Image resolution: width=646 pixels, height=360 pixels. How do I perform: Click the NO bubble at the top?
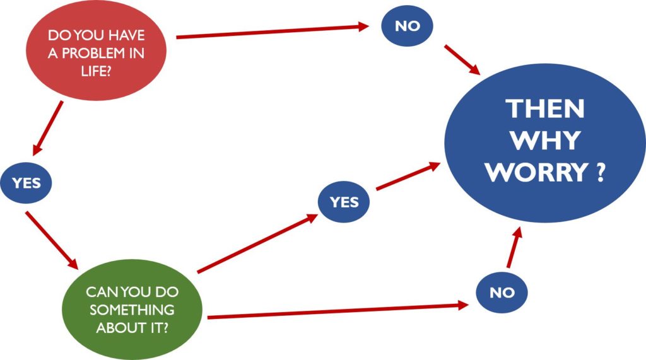(407, 26)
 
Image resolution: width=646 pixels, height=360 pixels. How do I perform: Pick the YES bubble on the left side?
(26, 183)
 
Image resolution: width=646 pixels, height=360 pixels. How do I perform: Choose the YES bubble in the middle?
(344, 202)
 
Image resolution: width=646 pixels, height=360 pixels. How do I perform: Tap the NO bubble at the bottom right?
(502, 293)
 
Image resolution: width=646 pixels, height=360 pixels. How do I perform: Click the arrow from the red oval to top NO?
(271, 32)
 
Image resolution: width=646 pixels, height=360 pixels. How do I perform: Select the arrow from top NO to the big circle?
(464, 60)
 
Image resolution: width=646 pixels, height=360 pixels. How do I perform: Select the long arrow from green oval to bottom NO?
(338, 310)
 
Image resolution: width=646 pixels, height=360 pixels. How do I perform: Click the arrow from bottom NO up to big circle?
(515, 249)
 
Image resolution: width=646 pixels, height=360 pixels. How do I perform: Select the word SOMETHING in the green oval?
(132, 310)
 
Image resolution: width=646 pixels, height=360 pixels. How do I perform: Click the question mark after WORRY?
(600, 171)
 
